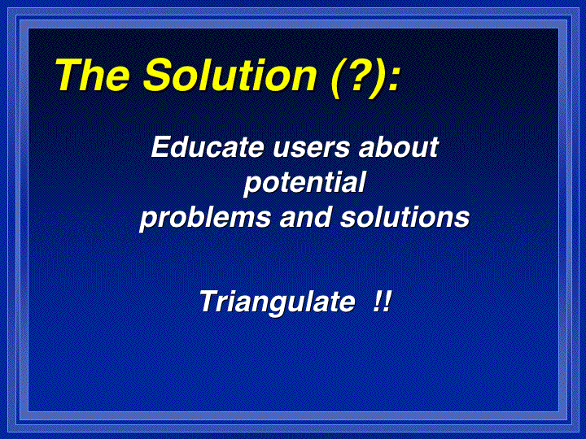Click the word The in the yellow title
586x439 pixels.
(93, 75)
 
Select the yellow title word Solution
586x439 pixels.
(230, 75)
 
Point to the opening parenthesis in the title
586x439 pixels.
(335, 78)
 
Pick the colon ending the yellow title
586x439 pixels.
(393, 80)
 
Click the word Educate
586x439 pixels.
(208, 147)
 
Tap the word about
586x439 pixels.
(398, 147)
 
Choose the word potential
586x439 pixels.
(304, 183)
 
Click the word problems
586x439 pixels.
(205, 218)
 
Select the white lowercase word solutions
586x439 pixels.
(405, 217)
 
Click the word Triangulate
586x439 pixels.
(277, 302)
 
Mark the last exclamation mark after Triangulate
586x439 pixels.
(387, 302)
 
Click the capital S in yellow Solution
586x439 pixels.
(159, 75)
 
